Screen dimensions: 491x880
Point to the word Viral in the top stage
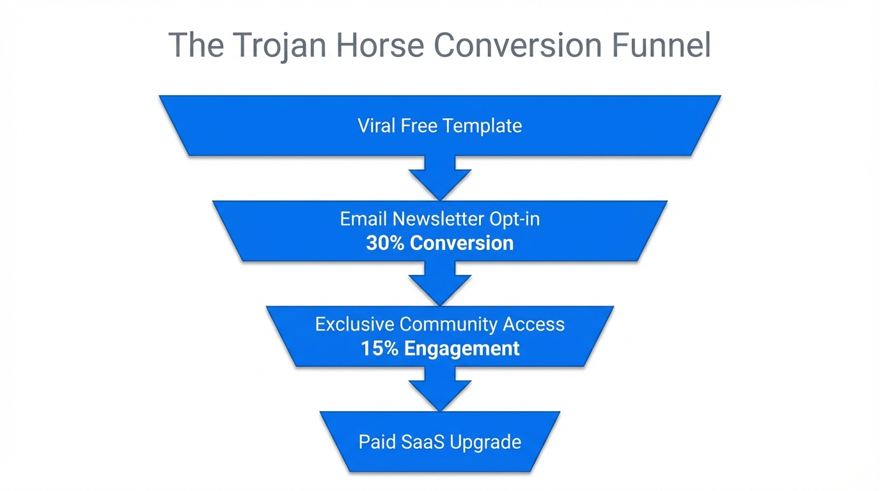tap(377, 125)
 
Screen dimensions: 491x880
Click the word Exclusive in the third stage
tap(355, 325)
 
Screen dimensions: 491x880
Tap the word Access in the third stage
tap(534, 325)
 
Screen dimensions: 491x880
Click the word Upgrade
tap(489, 442)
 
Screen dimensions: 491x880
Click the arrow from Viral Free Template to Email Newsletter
tap(440, 177)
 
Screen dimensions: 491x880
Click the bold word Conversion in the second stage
tap(462, 244)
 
